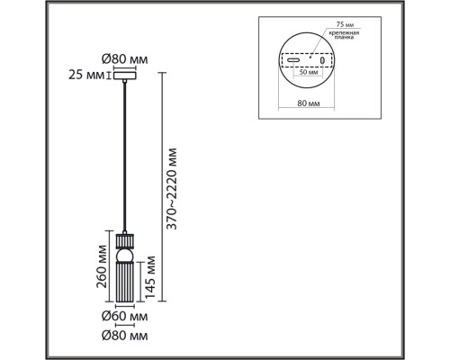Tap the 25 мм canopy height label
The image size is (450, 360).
pos(86,76)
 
